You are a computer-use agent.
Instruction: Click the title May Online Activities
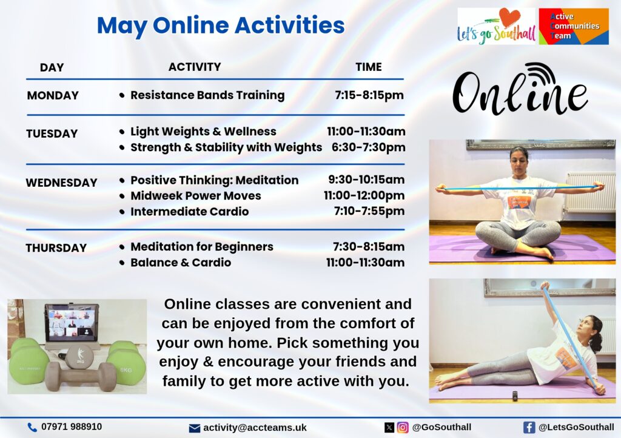(221, 26)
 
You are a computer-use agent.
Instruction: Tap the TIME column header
(369, 67)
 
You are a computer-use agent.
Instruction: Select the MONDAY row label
(53, 95)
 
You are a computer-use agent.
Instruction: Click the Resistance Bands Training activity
(207, 95)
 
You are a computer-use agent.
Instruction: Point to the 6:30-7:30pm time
(368, 147)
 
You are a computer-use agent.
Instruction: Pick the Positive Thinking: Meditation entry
(214, 180)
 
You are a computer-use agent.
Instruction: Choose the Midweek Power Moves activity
(196, 195)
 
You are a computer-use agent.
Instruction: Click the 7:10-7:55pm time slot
(369, 211)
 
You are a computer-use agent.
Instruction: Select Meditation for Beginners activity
(202, 247)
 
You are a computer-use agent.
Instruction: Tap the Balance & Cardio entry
(181, 263)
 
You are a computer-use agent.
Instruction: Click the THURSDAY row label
(56, 248)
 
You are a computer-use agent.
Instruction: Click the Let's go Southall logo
(496, 26)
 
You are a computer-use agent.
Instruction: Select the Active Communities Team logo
(574, 26)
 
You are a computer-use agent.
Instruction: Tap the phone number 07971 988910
(72, 427)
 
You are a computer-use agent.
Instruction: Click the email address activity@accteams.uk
(255, 428)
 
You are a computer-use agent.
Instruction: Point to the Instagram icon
(403, 427)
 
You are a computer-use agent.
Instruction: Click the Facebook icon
(529, 427)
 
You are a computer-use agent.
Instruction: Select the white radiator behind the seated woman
(591, 192)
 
